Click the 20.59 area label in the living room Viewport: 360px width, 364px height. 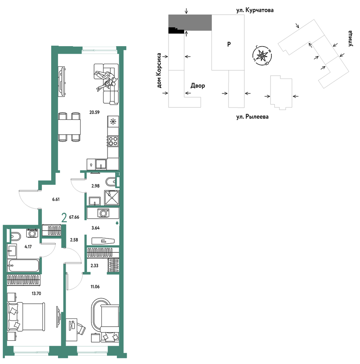click(94, 112)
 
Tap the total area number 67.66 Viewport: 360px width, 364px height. click(74, 217)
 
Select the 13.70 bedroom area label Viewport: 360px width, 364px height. click(36, 293)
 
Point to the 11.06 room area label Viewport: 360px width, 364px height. click(95, 287)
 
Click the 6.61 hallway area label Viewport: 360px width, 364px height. click(56, 199)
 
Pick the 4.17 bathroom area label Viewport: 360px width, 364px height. click(28, 247)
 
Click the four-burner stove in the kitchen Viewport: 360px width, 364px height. click(113, 141)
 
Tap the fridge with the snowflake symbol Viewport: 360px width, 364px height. click(113, 121)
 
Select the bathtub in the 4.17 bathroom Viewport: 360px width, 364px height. click(23, 265)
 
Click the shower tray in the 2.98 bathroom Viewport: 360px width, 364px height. click(112, 198)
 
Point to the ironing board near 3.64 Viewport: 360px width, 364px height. click(103, 241)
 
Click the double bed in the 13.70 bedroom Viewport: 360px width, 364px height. click(26, 316)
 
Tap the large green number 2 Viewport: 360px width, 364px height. click(64, 218)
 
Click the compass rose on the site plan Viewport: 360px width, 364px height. click(262, 56)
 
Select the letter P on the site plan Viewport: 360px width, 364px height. click(229, 44)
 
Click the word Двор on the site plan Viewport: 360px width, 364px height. click(198, 86)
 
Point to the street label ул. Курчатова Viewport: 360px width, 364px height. click(255, 10)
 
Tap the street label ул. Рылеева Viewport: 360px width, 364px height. click(252, 116)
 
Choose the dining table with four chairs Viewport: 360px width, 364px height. click(69, 127)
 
